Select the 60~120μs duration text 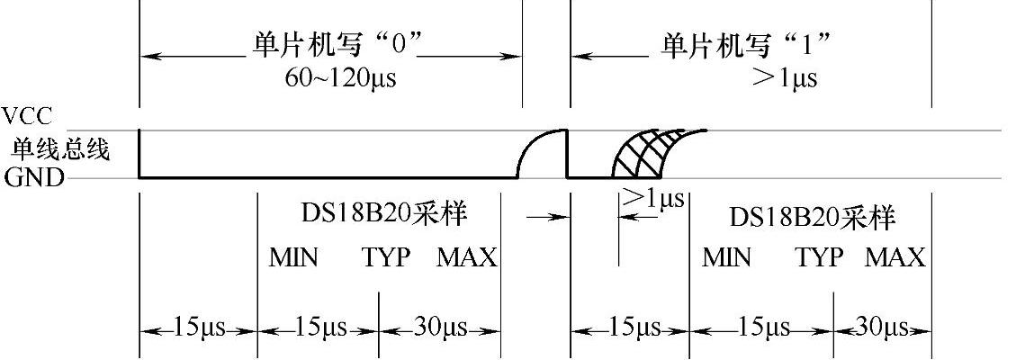pyautogui.click(x=339, y=77)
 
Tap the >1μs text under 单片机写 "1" pyautogui.click(x=785, y=77)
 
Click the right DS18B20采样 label pyautogui.click(x=812, y=217)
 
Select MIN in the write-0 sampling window pyautogui.click(x=293, y=258)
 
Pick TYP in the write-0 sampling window pyautogui.click(x=387, y=258)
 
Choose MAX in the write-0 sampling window pyautogui.click(x=467, y=258)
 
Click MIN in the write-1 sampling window pyautogui.click(x=726, y=258)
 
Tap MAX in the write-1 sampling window pyautogui.click(x=895, y=258)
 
